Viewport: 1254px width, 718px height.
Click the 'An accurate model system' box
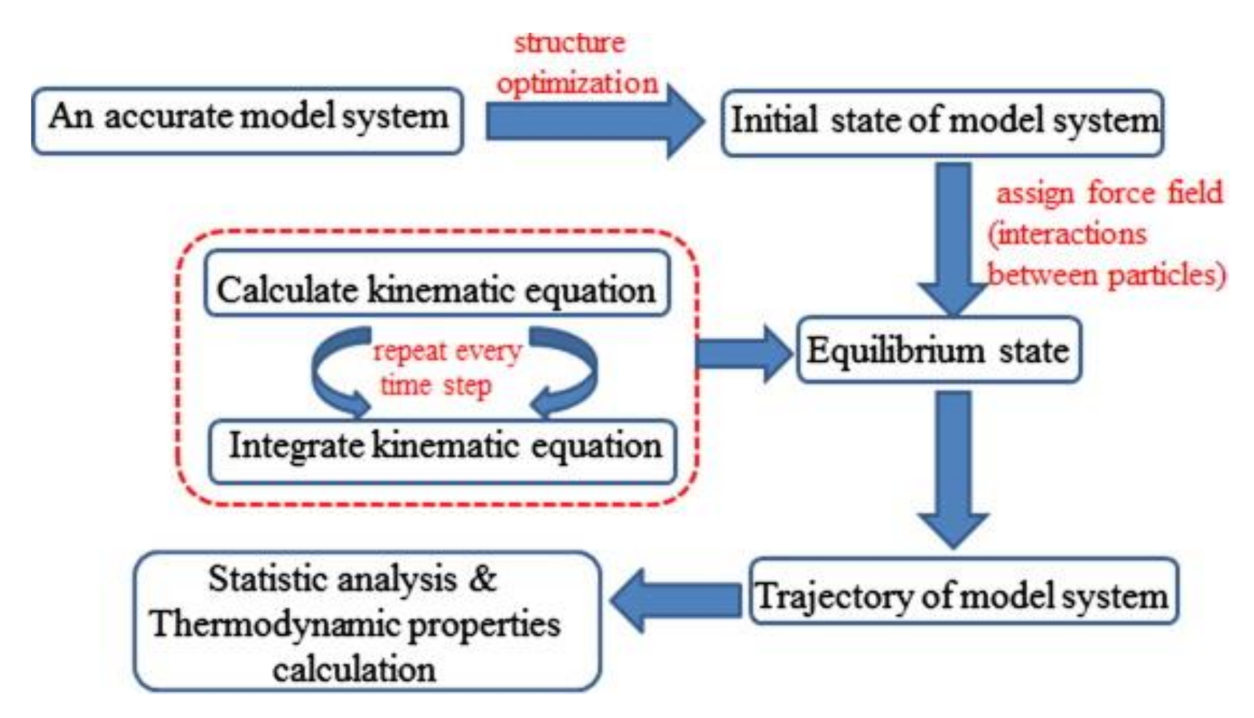click(247, 120)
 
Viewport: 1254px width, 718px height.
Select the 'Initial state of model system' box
click(942, 123)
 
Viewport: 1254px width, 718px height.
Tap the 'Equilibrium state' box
click(938, 350)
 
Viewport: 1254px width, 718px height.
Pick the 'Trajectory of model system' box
click(963, 592)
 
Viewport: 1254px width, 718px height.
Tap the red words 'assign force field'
click(1109, 194)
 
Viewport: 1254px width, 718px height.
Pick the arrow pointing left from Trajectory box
click(674, 599)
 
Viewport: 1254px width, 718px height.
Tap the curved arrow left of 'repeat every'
click(334, 374)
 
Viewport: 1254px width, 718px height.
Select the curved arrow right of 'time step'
click(567, 374)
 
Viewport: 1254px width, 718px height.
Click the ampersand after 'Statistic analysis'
click(482, 578)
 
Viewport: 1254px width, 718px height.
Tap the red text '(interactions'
click(1067, 234)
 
